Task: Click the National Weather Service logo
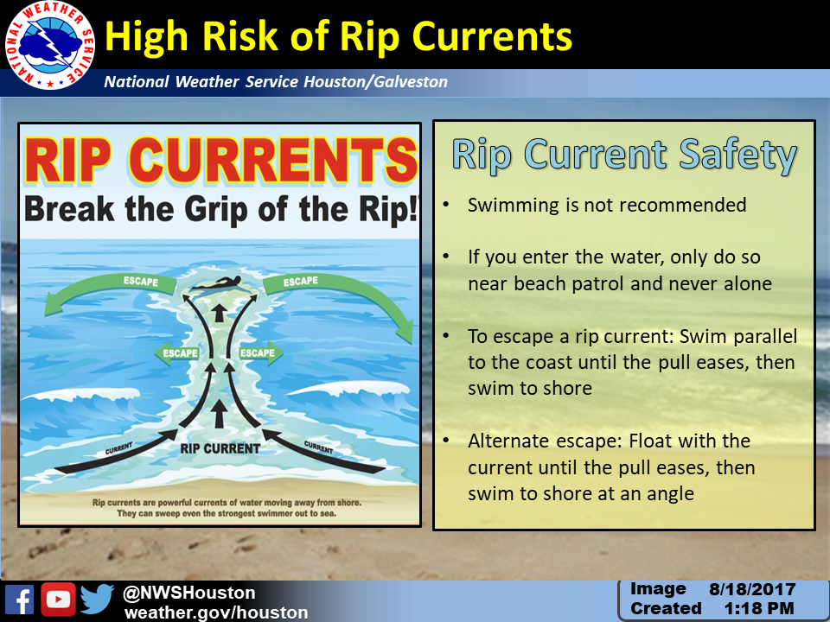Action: [50, 44]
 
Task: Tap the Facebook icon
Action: [20, 600]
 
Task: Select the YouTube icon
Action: [58, 600]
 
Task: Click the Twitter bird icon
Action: [98, 599]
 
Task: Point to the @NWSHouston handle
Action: [189, 593]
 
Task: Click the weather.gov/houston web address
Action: [216, 612]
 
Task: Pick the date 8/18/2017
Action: [752, 589]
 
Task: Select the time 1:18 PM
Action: [759, 608]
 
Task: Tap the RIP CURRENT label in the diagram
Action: [220, 449]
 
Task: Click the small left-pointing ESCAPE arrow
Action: [176, 353]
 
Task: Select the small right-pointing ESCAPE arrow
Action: [261, 353]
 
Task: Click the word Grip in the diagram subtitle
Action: [216, 210]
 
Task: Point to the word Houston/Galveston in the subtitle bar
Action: [375, 82]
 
